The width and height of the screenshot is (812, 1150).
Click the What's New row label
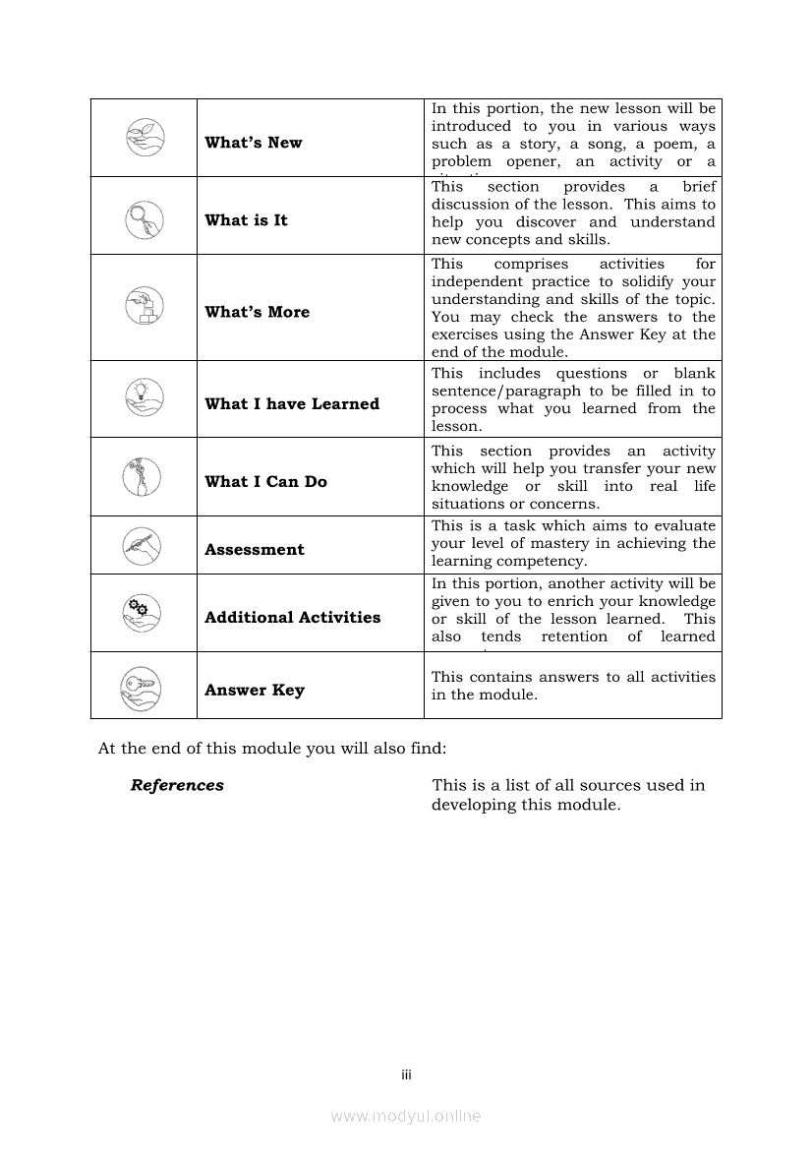pyautogui.click(x=254, y=143)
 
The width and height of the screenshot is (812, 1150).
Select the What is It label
pyautogui.click(x=246, y=220)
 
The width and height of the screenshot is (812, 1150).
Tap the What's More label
pyautogui.click(x=257, y=312)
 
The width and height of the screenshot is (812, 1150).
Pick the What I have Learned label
pyautogui.click(x=292, y=403)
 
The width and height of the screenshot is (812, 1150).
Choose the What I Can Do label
pyautogui.click(x=265, y=481)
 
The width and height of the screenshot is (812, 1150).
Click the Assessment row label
pyautogui.click(x=255, y=549)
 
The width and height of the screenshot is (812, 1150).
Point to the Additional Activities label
pyautogui.click(x=292, y=617)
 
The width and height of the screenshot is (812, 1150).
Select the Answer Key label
pyautogui.click(x=255, y=690)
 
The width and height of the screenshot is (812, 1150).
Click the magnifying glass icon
pyautogui.click(x=145, y=218)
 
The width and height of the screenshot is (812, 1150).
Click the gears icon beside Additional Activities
pyautogui.click(x=144, y=614)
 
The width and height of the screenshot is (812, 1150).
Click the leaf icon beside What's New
pyautogui.click(x=145, y=137)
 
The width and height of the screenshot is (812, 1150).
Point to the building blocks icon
pyautogui.click(x=145, y=307)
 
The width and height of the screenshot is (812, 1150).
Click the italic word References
pyautogui.click(x=177, y=785)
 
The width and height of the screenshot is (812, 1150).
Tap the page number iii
pyautogui.click(x=406, y=1075)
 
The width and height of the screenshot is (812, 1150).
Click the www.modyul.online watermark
pyautogui.click(x=406, y=1116)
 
